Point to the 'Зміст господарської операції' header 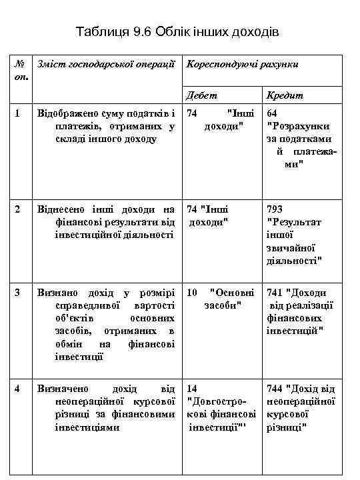point(107,64)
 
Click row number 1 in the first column point(19,114)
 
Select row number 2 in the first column point(19,209)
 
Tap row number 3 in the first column point(19,293)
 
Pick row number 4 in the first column point(19,388)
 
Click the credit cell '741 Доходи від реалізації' point(297,311)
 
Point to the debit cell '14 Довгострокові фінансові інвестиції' point(221,407)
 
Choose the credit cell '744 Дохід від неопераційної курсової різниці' point(300,407)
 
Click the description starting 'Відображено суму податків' point(107,126)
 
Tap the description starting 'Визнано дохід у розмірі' point(107,324)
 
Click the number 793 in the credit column point(275,209)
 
